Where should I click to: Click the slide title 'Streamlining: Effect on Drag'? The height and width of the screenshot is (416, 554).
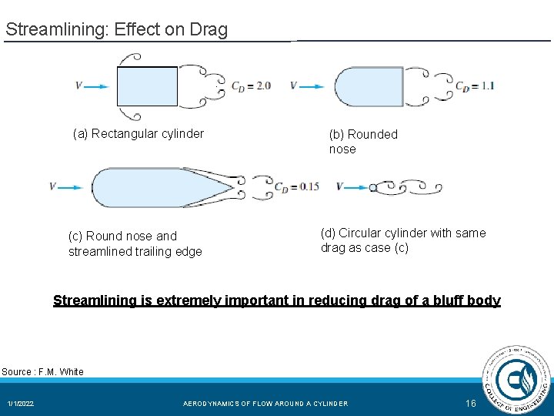click(116, 30)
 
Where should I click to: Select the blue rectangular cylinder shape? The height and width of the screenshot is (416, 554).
click(147, 86)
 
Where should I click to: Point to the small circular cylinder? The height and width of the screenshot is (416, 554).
click(373, 187)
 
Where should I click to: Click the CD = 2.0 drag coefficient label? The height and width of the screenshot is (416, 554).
click(252, 86)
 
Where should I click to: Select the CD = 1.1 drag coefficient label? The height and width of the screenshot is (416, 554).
click(475, 86)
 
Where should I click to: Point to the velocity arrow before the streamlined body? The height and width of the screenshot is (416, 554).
click(69, 186)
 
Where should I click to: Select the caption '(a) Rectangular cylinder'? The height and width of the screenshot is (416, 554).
click(138, 134)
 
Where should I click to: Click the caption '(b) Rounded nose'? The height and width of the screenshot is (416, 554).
click(363, 142)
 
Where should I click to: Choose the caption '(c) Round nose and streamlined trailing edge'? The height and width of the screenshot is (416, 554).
click(135, 243)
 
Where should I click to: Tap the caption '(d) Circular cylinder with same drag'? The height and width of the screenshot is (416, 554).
click(403, 240)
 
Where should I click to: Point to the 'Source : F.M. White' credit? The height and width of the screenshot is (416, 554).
click(42, 372)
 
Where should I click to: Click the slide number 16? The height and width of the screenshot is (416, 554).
click(471, 404)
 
